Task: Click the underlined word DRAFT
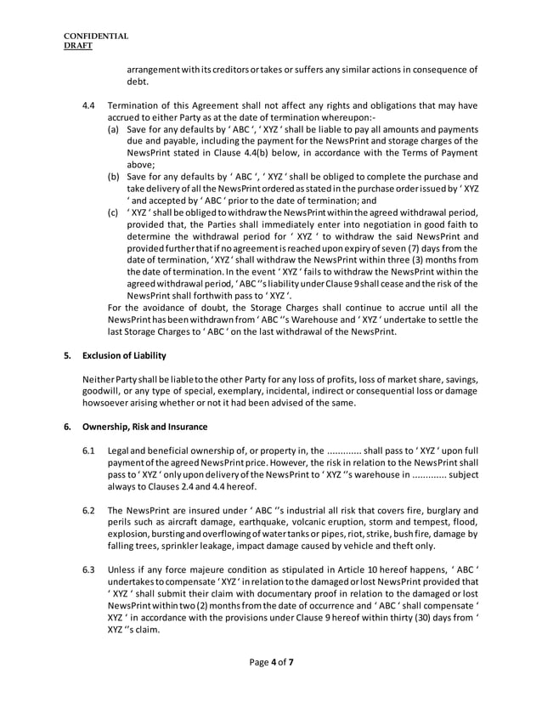point(81,47)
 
